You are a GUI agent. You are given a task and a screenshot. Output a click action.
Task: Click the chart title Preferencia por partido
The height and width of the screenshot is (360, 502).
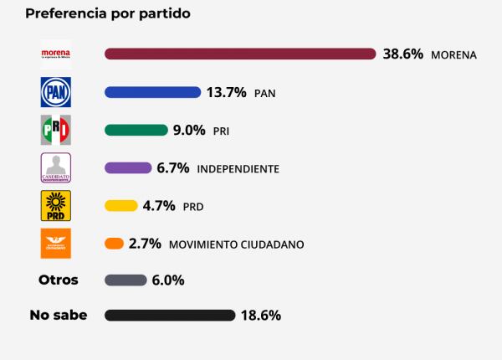tap(107, 14)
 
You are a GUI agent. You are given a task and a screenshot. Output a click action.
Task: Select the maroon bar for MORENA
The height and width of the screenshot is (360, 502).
tap(240, 54)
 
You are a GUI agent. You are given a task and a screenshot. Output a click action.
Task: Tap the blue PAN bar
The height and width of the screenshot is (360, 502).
tap(152, 92)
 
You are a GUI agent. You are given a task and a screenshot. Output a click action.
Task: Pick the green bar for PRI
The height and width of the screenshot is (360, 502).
tap(136, 130)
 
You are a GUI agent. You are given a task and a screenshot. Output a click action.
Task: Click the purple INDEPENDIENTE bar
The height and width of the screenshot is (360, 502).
tap(128, 167)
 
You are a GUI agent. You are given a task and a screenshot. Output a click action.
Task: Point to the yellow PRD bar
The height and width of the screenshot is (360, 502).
tap(121, 205)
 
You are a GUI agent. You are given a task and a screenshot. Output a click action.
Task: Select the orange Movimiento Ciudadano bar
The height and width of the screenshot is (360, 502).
tap(115, 244)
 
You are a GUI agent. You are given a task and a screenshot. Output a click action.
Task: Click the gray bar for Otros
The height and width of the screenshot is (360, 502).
tap(125, 280)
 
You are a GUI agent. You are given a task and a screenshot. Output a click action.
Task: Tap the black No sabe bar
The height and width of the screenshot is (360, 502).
tap(170, 316)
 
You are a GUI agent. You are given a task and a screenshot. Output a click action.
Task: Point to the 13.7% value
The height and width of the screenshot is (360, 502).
tap(227, 92)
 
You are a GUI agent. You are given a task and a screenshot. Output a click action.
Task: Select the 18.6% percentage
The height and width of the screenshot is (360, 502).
tap(261, 316)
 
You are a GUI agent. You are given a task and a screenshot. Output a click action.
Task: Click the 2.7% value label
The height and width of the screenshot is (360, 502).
tap(145, 244)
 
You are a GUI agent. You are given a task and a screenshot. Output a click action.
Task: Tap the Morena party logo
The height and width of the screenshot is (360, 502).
tap(56, 54)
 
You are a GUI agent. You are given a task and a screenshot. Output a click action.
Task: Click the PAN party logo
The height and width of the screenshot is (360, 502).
tap(56, 92)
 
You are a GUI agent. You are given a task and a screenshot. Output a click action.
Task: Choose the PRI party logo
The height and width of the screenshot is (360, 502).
tap(56, 130)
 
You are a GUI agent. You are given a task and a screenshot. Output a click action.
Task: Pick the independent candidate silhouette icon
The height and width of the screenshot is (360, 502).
tap(56, 167)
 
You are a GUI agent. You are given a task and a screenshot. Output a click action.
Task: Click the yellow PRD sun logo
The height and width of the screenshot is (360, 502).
tap(56, 205)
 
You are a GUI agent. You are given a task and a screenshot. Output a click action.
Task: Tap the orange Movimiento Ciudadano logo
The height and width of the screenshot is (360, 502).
tap(56, 243)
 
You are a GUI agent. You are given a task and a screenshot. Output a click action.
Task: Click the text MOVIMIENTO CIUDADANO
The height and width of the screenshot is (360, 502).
tap(236, 244)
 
